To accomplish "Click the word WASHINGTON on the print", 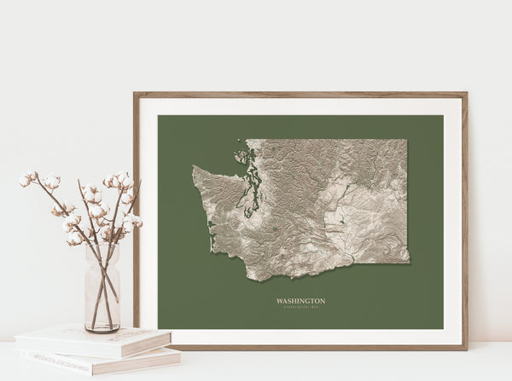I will [300, 300].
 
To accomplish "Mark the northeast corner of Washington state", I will [406, 141].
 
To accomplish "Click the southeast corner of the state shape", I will [408, 262].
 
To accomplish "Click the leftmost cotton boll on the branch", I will [25, 181].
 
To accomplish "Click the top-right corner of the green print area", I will [443, 116].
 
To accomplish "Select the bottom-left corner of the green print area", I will [159, 328].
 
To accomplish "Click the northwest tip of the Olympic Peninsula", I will [194, 167].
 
